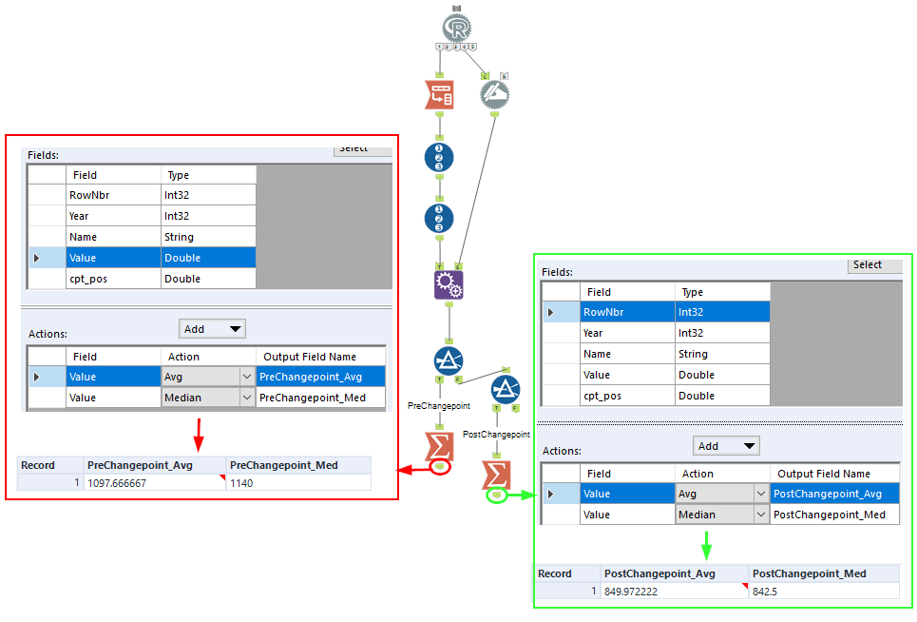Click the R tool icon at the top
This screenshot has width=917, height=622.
pos(456,27)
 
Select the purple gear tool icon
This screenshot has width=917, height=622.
pos(449,284)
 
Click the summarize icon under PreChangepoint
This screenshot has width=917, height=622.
pos(439,444)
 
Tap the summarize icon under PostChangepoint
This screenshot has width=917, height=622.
pos(496,474)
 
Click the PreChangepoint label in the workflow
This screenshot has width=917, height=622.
pos(439,406)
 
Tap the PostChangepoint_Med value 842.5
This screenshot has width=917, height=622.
pos(766,591)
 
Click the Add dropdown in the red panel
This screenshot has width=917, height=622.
pos(212,329)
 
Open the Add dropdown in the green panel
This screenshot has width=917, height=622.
pos(726,446)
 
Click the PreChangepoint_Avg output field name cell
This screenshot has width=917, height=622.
pos(320,377)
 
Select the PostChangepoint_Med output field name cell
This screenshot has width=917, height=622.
pos(835,515)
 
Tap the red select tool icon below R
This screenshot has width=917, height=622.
pos(439,94)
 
